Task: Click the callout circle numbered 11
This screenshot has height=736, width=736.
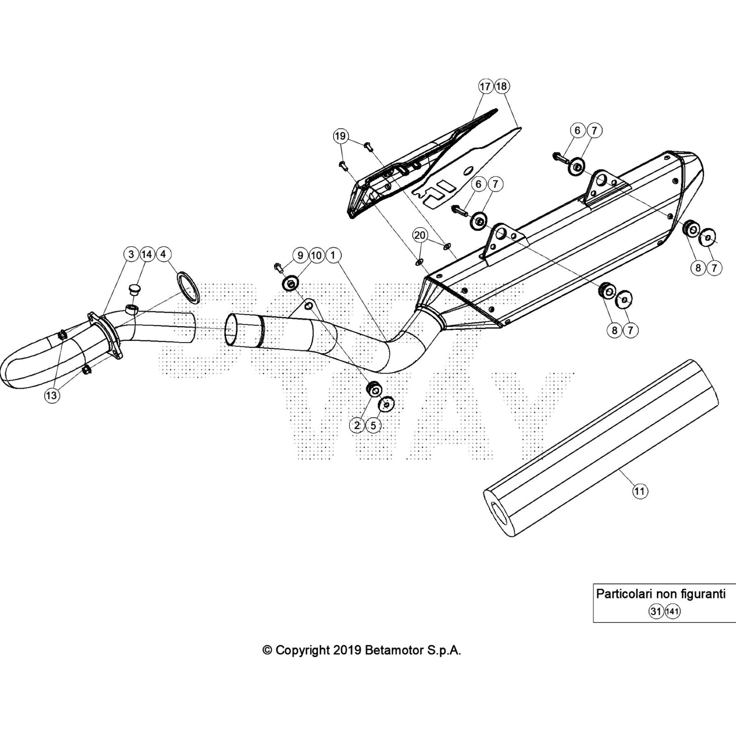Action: coord(639,491)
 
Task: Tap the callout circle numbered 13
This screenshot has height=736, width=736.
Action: coord(52,395)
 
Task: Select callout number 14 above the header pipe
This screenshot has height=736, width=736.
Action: coord(147,254)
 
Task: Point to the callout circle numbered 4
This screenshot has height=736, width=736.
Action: coord(163,254)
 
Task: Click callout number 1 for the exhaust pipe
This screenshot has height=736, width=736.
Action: coord(333,255)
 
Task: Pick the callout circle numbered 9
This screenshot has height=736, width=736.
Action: coord(300,255)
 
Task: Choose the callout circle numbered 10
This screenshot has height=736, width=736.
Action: coord(316,255)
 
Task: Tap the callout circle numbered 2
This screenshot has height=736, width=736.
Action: coord(357,425)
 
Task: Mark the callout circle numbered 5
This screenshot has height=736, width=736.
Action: coord(373,425)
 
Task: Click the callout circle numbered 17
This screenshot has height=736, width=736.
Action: coord(485,86)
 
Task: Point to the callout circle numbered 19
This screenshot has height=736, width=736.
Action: coord(340,136)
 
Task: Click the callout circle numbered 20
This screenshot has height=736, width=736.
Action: coord(420,236)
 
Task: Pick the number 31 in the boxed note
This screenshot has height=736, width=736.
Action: coord(656,611)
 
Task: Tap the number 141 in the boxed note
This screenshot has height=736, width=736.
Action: coord(673,611)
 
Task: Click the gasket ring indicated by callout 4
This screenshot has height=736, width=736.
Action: coord(188,287)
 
